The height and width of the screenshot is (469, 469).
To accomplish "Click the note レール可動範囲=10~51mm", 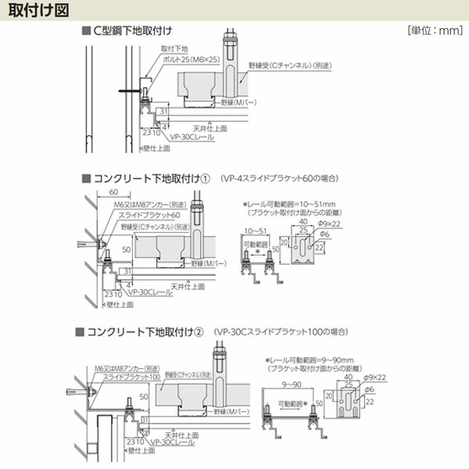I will click(x=288, y=204).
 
